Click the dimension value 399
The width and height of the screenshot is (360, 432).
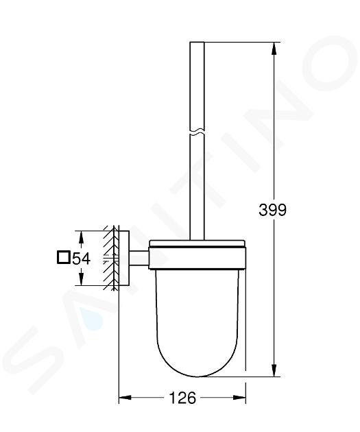pos(272,210)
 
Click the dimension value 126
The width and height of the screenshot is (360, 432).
pos(182,398)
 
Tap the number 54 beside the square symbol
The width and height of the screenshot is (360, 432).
pos(81,259)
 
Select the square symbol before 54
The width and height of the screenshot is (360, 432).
pos(63,258)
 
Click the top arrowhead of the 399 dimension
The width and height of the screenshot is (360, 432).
pos(274,49)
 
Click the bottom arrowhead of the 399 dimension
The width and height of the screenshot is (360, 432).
pos(274,370)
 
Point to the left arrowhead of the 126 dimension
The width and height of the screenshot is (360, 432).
pos(125,398)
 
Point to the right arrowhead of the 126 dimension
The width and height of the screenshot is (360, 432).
pos(239,398)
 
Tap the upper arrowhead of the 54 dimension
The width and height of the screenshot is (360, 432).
pos(81,237)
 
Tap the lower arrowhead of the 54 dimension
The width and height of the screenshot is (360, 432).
pos(81,279)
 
